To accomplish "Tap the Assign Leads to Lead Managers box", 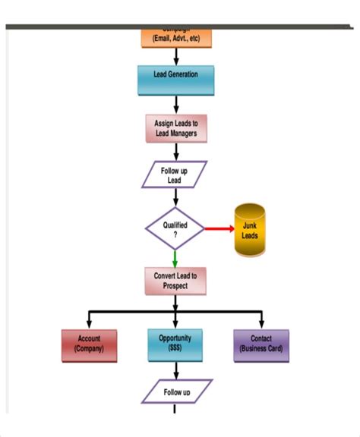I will click(x=175, y=128).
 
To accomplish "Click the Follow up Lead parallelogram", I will click(x=175, y=175).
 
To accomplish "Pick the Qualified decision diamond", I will click(x=175, y=228).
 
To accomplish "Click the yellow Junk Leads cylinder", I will click(x=249, y=231).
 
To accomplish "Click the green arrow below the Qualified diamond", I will click(x=175, y=258).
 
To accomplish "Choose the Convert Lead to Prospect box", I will click(x=175, y=281).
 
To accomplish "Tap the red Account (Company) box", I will click(x=89, y=344).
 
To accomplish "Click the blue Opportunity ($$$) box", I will click(x=175, y=344).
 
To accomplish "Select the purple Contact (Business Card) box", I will click(x=261, y=344).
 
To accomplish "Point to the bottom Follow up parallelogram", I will click(x=175, y=392).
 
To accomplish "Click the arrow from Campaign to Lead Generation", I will click(x=175, y=57).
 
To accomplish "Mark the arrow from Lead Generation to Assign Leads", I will click(x=175, y=105).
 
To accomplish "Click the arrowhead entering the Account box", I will click(x=89, y=324).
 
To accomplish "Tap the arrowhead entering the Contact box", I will click(x=261, y=324).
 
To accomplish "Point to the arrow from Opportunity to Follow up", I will click(x=175, y=371).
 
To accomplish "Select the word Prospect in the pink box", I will click(x=175, y=286).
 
